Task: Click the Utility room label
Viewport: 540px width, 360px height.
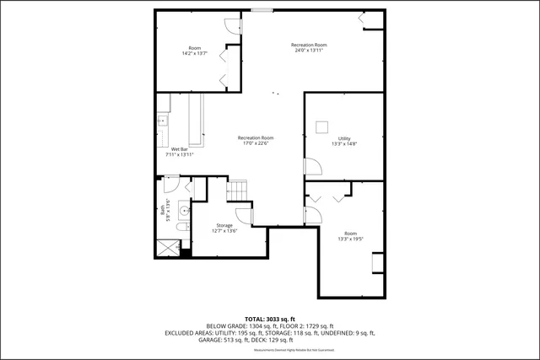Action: coord(343,138)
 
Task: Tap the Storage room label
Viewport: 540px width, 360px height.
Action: coord(224,225)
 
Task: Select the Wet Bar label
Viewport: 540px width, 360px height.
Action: coord(179,149)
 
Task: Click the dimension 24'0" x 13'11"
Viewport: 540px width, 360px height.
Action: coord(309,50)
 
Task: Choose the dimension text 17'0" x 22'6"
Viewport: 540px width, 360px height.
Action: coord(256,143)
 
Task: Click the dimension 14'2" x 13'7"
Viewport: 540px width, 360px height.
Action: coord(194,53)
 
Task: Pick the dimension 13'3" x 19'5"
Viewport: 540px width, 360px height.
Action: coord(350,239)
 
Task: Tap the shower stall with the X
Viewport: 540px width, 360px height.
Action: coord(166,249)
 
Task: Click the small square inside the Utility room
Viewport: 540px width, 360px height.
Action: coord(321,127)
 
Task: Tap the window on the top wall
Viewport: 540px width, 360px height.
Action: coord(260,10)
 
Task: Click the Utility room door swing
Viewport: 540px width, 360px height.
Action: coord(311,166)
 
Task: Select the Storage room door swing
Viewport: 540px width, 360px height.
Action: coord(242,214)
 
